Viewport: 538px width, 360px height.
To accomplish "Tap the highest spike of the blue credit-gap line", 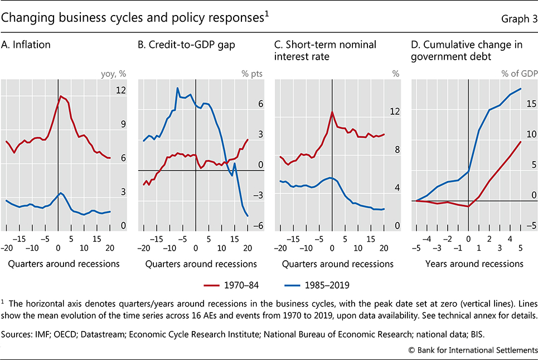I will [178, 88].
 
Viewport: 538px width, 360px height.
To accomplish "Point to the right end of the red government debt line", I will [521, 142].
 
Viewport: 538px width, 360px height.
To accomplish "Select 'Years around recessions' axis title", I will [467, 264].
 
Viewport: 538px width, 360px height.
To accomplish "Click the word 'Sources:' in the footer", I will [21, 336].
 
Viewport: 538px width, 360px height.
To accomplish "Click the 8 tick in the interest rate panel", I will [396, 149].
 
